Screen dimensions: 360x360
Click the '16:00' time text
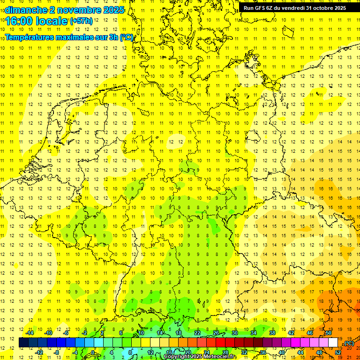(x=19, y=21)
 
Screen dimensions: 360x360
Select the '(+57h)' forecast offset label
(x=81, y=21)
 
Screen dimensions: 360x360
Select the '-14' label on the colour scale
(x=30, y=333)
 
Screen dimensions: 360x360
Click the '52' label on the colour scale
(x=338, y=352)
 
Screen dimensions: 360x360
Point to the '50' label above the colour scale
(x=329, y=333)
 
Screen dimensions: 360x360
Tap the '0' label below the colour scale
(x=93, y=352)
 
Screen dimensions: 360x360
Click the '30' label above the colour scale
(x=234, y=333)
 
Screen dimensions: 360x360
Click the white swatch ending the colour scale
(x=333, y=343)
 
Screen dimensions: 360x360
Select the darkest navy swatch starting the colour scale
(x=23, y=343)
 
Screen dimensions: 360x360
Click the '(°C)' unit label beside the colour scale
(x=349, y=343)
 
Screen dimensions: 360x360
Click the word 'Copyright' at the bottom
(x=178, y=357)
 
